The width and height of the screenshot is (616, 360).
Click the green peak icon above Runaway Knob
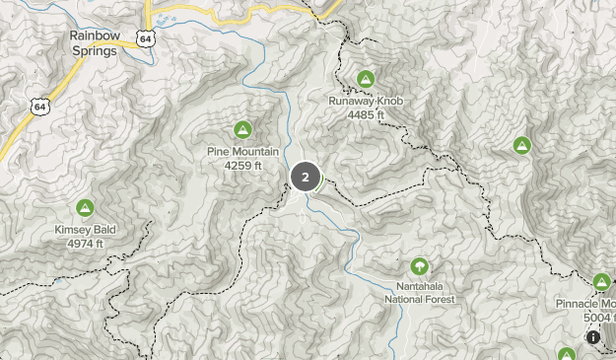[x=366, y=78]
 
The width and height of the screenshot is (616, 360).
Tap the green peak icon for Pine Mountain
[x=242, y=128]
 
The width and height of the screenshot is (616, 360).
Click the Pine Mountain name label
[x=242, y=152]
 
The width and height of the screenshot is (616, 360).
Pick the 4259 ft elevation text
[x=242, y=165]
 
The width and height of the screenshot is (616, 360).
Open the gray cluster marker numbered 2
[x=305, y=178]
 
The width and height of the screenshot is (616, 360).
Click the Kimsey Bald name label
[x=85, y=231]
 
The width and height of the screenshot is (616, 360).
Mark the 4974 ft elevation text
[x=85, y=244]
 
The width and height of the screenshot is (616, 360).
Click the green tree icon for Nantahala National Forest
[x=420, y=265]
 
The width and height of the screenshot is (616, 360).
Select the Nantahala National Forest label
[x=420, y=294]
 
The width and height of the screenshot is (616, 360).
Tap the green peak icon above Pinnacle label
[x=602, y=281]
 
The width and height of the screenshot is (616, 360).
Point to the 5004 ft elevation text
[x=599, y=318]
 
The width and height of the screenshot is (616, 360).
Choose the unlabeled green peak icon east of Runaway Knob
[x=522, y=146]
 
